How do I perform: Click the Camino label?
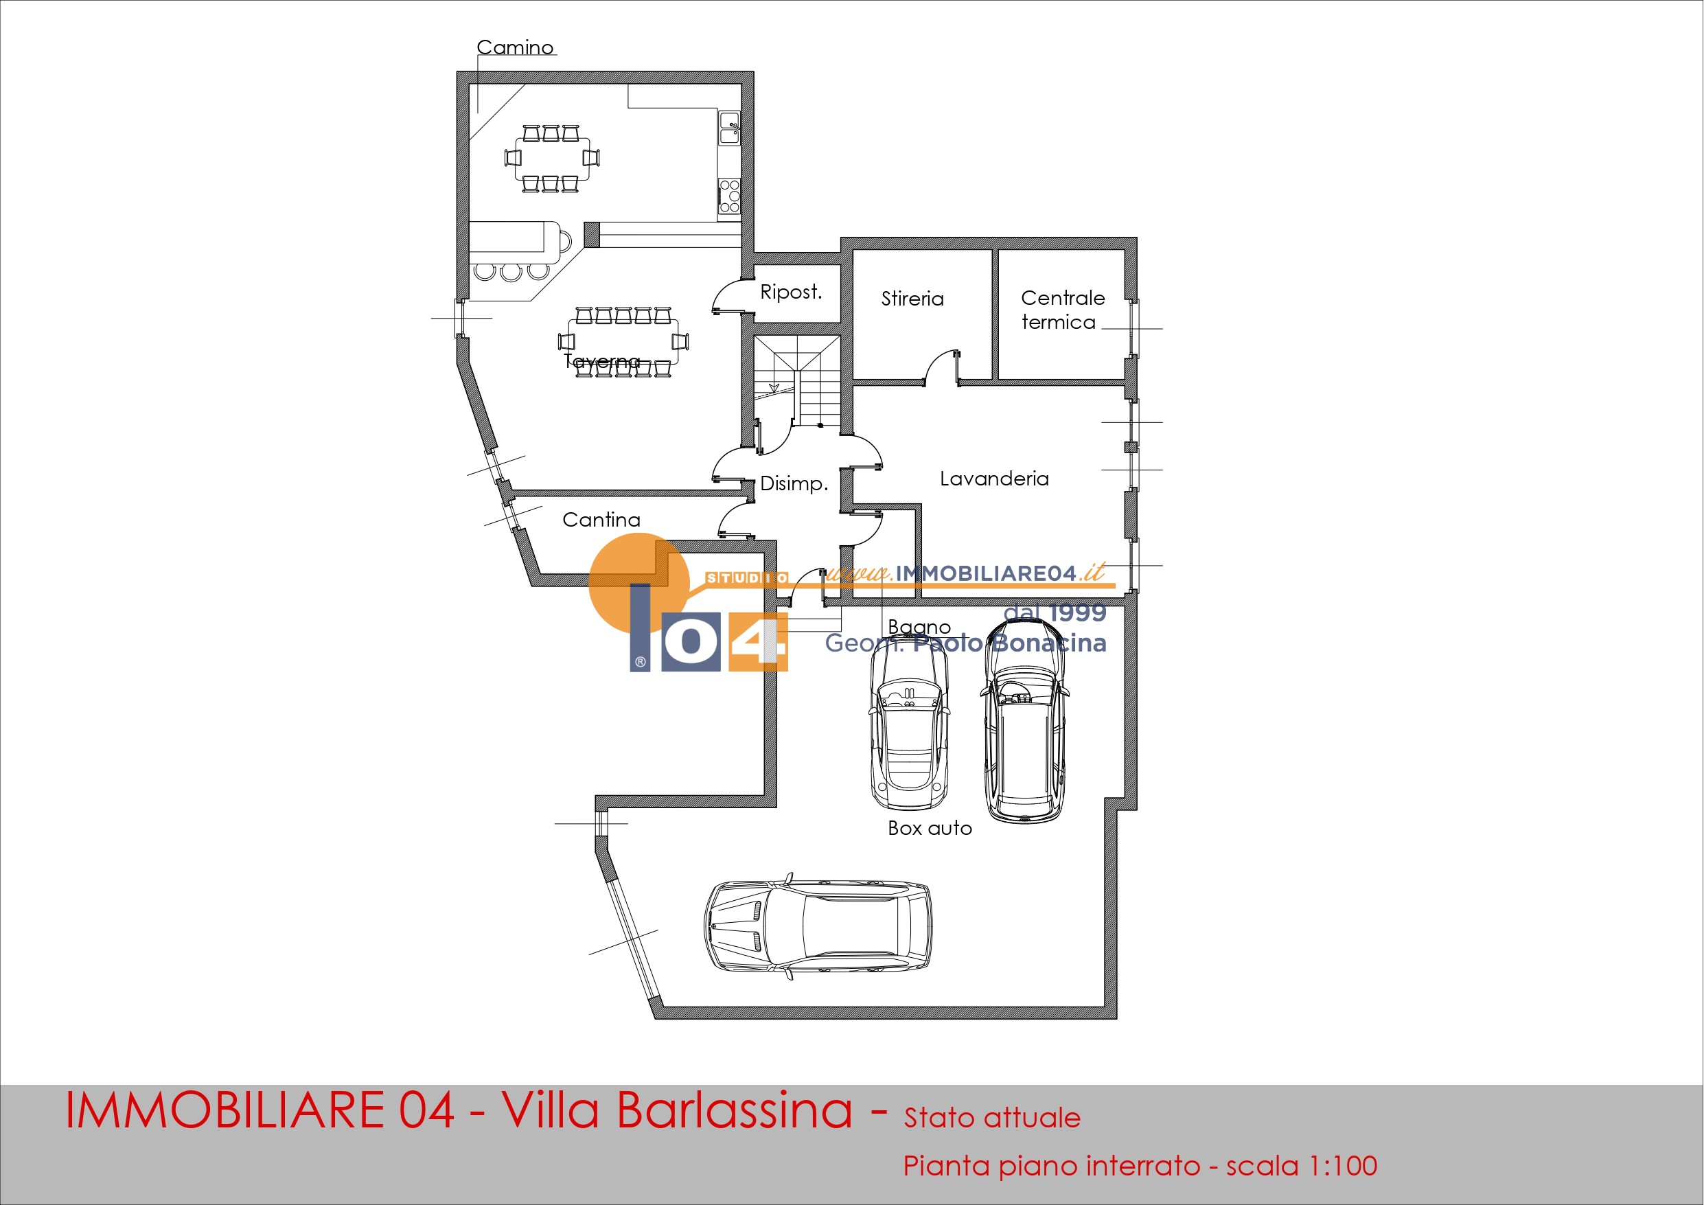click(x=515, y=47)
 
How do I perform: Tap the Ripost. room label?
click(x=791, y=292)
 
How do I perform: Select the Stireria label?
click(x=912, y=299)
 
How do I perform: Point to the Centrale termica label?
click(x=1063, y=310)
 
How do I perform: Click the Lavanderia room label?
click(x=995, y=479)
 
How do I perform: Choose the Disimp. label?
click(x=794, y=484)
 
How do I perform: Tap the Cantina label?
click(x=601, y=520)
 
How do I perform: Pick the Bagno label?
click(x=919, y=628)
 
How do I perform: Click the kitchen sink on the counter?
click(x=730, y=128)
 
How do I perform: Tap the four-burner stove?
click(x=730, y=196)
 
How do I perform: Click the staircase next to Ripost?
click(x=797, y=381)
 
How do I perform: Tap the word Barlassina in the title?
click(x=734, y=1112)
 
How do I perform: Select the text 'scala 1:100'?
click(x=1301, y=1166)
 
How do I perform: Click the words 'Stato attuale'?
click(x=991, y=1118)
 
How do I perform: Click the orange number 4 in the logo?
click(x=757, y=641)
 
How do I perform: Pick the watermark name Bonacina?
click(x=1048, y=643)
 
